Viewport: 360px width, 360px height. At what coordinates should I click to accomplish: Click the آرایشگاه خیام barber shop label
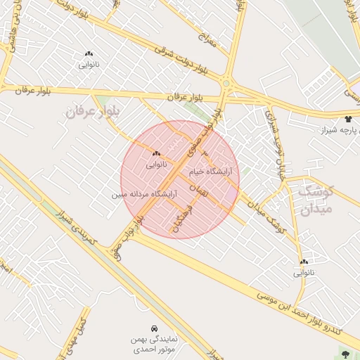[210, 171]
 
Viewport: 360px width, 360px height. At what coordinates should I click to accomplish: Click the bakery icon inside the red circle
[156, 153]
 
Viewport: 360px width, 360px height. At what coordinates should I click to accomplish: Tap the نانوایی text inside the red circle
[156, 165]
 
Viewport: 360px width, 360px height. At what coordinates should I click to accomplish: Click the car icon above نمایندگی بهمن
[154, 328]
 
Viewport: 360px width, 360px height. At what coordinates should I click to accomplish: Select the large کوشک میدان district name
[314, 200]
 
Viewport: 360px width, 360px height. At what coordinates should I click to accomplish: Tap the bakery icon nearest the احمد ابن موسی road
[304, 261]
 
